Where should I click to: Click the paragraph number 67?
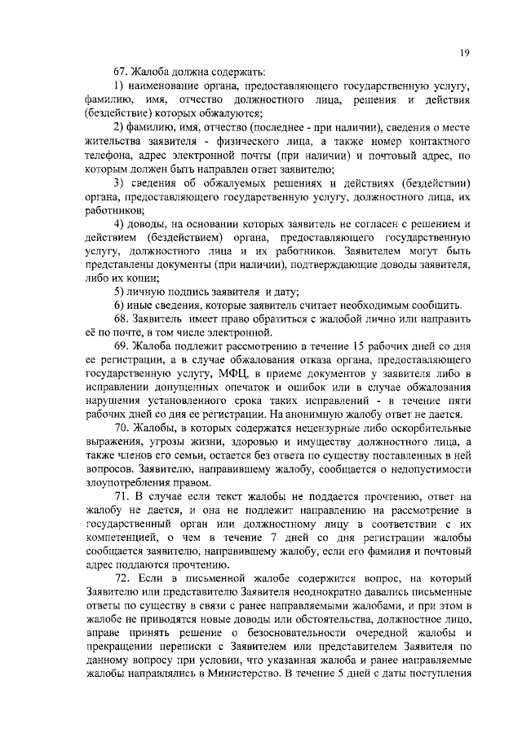tap(120, 72)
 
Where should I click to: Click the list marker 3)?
tap(118, 182)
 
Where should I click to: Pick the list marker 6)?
tap(118, 305)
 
